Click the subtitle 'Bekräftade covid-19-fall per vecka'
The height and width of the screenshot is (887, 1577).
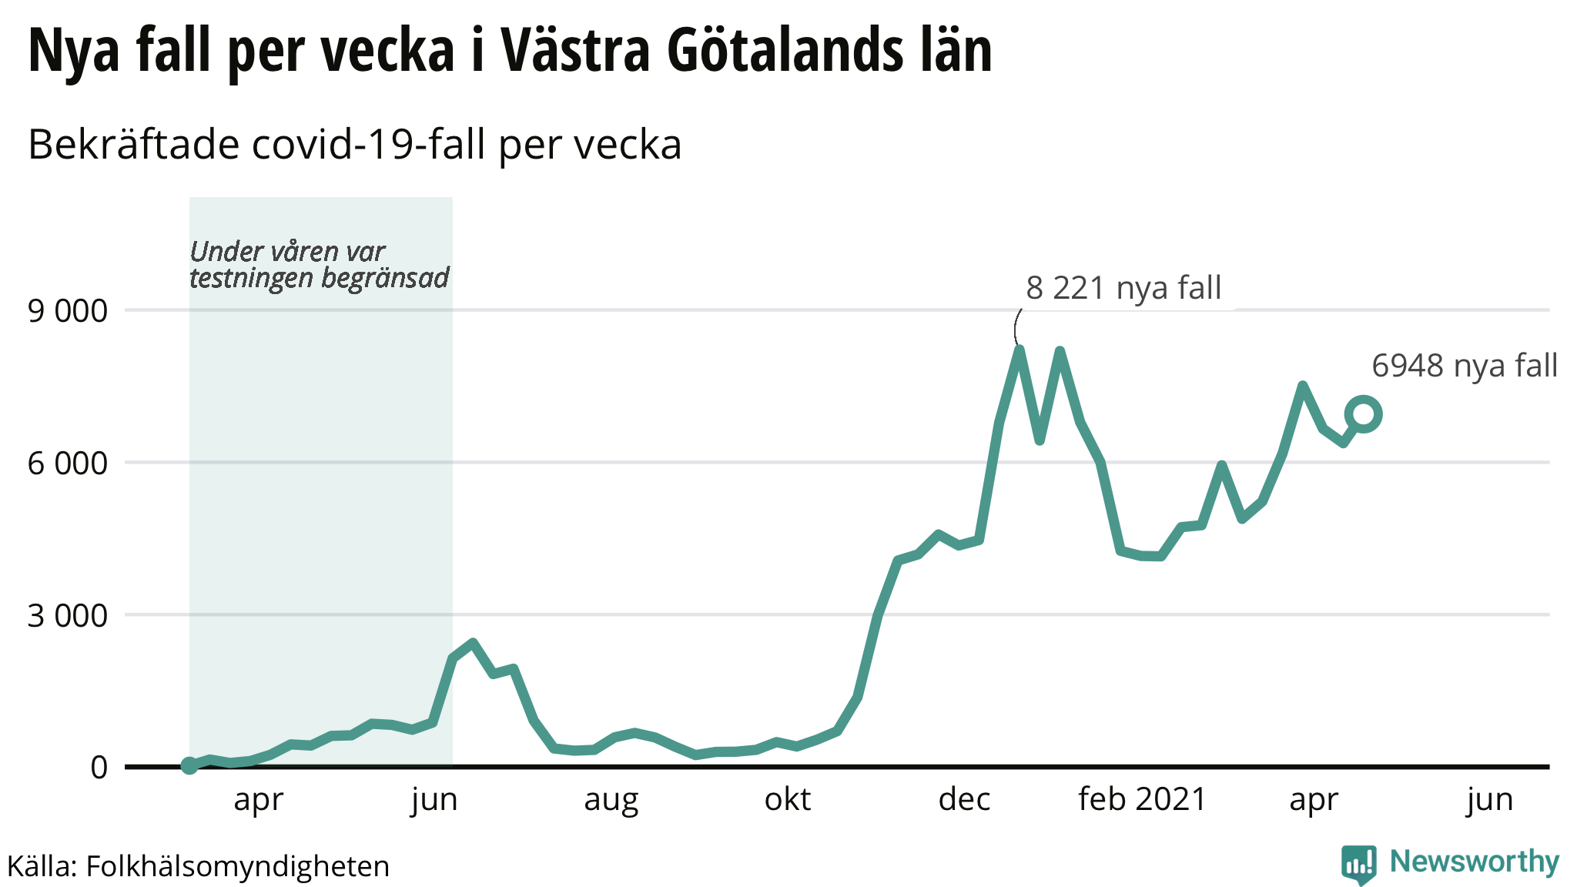tap(355, 144)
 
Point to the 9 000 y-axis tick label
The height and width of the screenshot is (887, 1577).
tap(68, 311)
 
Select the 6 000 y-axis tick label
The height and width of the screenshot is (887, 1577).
tap(68, 464)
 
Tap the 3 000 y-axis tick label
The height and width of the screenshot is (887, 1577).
tap(68, 615)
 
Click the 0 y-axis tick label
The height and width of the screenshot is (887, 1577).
tap(99, 767)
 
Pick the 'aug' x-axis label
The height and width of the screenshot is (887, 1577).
tap(611, 800)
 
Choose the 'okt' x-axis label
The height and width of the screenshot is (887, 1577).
tap(787, 800)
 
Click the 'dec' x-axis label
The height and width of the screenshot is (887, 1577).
tap(964, 800)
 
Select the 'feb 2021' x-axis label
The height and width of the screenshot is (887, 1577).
tap(1142, 800)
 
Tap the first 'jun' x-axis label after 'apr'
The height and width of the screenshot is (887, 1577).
tap(434, 800)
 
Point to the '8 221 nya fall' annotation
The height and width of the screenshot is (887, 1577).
tap(1123, 288)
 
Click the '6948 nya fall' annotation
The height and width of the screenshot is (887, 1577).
tap(1465, 366)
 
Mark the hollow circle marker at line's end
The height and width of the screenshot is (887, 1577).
tap(1363, 414)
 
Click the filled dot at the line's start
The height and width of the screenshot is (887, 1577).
tap(189, 765)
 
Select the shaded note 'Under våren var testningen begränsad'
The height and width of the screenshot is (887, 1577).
tap(319, 264)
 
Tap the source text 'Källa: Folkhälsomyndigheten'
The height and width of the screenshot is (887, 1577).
tap(199, 866)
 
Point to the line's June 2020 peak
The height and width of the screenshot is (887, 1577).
tap(473, 643)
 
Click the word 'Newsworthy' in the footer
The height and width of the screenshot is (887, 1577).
tap(1474, 862)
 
